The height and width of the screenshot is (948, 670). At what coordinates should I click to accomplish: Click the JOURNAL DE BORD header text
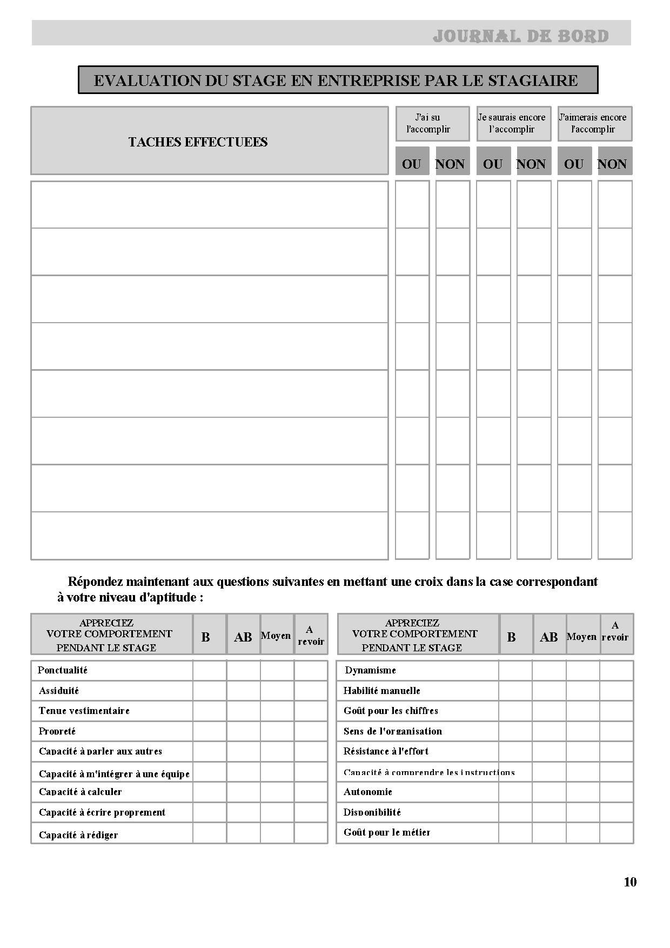(x=520, y=36)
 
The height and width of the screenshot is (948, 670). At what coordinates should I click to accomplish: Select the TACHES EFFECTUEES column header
(x=198, y=142)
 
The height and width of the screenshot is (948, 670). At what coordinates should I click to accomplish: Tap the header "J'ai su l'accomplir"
(x=428, y=123)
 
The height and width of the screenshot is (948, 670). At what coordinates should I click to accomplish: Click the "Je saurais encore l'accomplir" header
(x=512, y=123)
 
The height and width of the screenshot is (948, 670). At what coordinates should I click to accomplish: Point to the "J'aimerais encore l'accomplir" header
(x=593, y=123)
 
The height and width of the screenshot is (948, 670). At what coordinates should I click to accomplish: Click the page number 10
(x=630, y=882)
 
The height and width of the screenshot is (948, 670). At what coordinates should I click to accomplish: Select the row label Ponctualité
(x=63, y=670)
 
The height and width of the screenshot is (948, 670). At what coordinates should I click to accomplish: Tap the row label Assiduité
(x=59, y=691)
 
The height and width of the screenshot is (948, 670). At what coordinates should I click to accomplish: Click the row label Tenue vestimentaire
(x=84, y=711)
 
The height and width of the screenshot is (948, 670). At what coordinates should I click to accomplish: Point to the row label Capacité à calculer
(x=81, y=792)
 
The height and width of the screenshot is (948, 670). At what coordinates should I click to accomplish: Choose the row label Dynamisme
(x=371, y=670)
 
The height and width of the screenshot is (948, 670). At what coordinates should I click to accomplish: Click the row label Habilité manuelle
(x=382, y=691)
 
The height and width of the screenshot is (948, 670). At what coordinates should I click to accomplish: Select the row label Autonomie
(x=368, y=792)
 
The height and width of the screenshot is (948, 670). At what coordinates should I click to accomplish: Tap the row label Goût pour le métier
(x=387, y=832)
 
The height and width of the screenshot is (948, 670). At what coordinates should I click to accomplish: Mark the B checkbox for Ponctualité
(x=210, y=670)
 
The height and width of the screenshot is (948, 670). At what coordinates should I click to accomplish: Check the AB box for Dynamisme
(x=549, y=670)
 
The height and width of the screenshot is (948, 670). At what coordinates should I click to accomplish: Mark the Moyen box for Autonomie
(x=582, y=792)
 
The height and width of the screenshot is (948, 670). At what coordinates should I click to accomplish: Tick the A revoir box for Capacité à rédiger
(x=311, y=833)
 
